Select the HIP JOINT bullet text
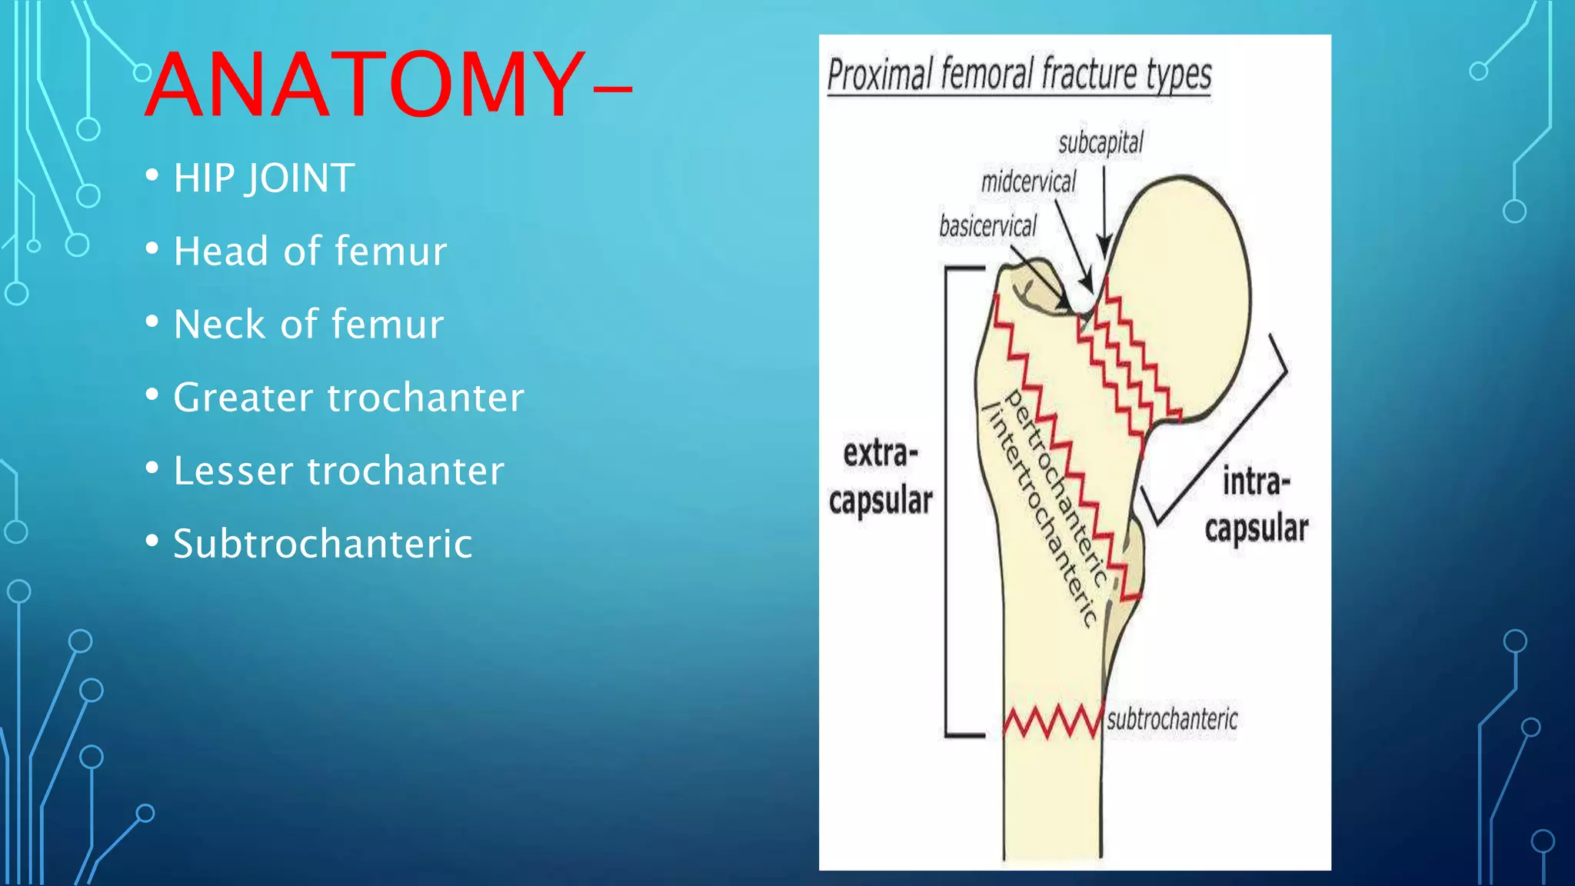(264, 178)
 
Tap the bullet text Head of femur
(310, 251)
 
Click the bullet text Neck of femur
(308, 325)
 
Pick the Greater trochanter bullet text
(348, 398)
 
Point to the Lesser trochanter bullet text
(338, 471)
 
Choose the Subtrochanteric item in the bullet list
(322, 544)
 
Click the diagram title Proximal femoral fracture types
(1019, 75)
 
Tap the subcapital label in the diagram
(1101, 143)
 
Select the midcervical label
(1028, 182)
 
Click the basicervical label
(987, 226)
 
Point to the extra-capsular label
(881, 477)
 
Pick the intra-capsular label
(1256, 505)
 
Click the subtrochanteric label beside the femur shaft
(1172, 720)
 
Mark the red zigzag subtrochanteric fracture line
(1053, 721)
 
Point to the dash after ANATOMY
(613, 88)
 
